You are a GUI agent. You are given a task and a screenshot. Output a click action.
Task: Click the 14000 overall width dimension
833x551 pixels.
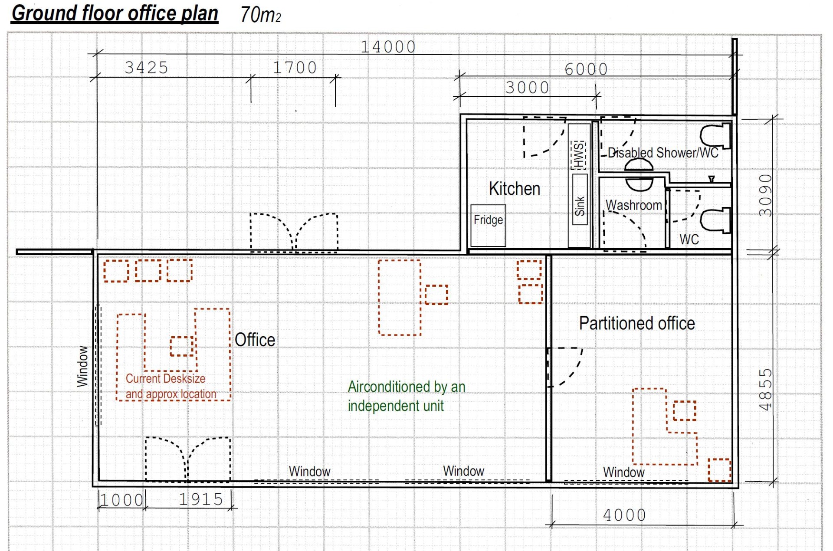[x=388, y=47]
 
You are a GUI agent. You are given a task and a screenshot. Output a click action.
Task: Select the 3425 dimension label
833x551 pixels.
[x=147, y=68]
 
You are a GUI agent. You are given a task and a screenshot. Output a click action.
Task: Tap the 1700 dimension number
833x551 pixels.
[x=295, y=68]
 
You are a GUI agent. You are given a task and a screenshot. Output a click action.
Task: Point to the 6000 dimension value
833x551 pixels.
[x=586, y=69]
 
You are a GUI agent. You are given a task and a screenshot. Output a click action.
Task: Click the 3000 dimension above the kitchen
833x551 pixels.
[x=528, y=88]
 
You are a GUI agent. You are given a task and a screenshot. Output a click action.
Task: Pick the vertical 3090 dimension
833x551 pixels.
[x=766, y=195]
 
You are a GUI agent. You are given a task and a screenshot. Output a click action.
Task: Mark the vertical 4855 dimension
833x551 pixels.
[x=766, y=390]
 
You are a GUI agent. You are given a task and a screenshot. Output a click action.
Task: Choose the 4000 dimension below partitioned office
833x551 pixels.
[x=625, y=515]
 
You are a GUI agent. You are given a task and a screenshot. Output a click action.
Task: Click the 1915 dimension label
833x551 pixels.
[x=201, y=499]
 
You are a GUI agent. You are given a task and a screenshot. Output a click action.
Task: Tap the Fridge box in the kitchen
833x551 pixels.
[x=488, y=226]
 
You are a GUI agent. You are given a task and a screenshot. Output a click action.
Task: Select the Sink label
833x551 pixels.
[x=580, y=206]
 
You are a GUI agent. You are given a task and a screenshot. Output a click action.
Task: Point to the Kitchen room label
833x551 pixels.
[x=515, y=189]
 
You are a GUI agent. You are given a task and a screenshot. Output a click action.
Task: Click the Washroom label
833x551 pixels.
[x=634, y=205]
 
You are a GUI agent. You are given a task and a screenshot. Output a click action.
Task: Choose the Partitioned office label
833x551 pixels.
[x=637, y=323]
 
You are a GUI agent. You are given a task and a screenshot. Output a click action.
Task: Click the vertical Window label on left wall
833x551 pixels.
[x=82, y=366]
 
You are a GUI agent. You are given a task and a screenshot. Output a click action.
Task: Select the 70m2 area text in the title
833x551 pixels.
[x=261, y=15]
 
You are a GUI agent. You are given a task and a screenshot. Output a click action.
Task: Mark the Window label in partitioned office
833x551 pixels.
[x=624, y=472]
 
